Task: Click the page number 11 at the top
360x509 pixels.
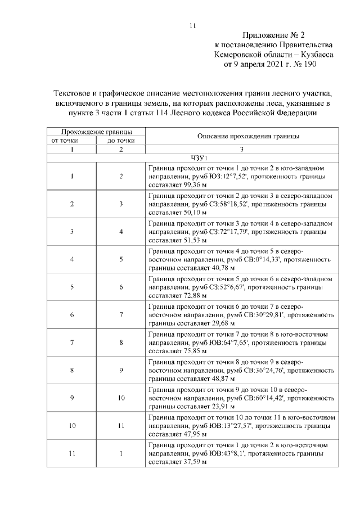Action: pyautogui.click(x=192, y=25)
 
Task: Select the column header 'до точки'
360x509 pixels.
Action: pyautogui.click(x=121, y=140)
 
